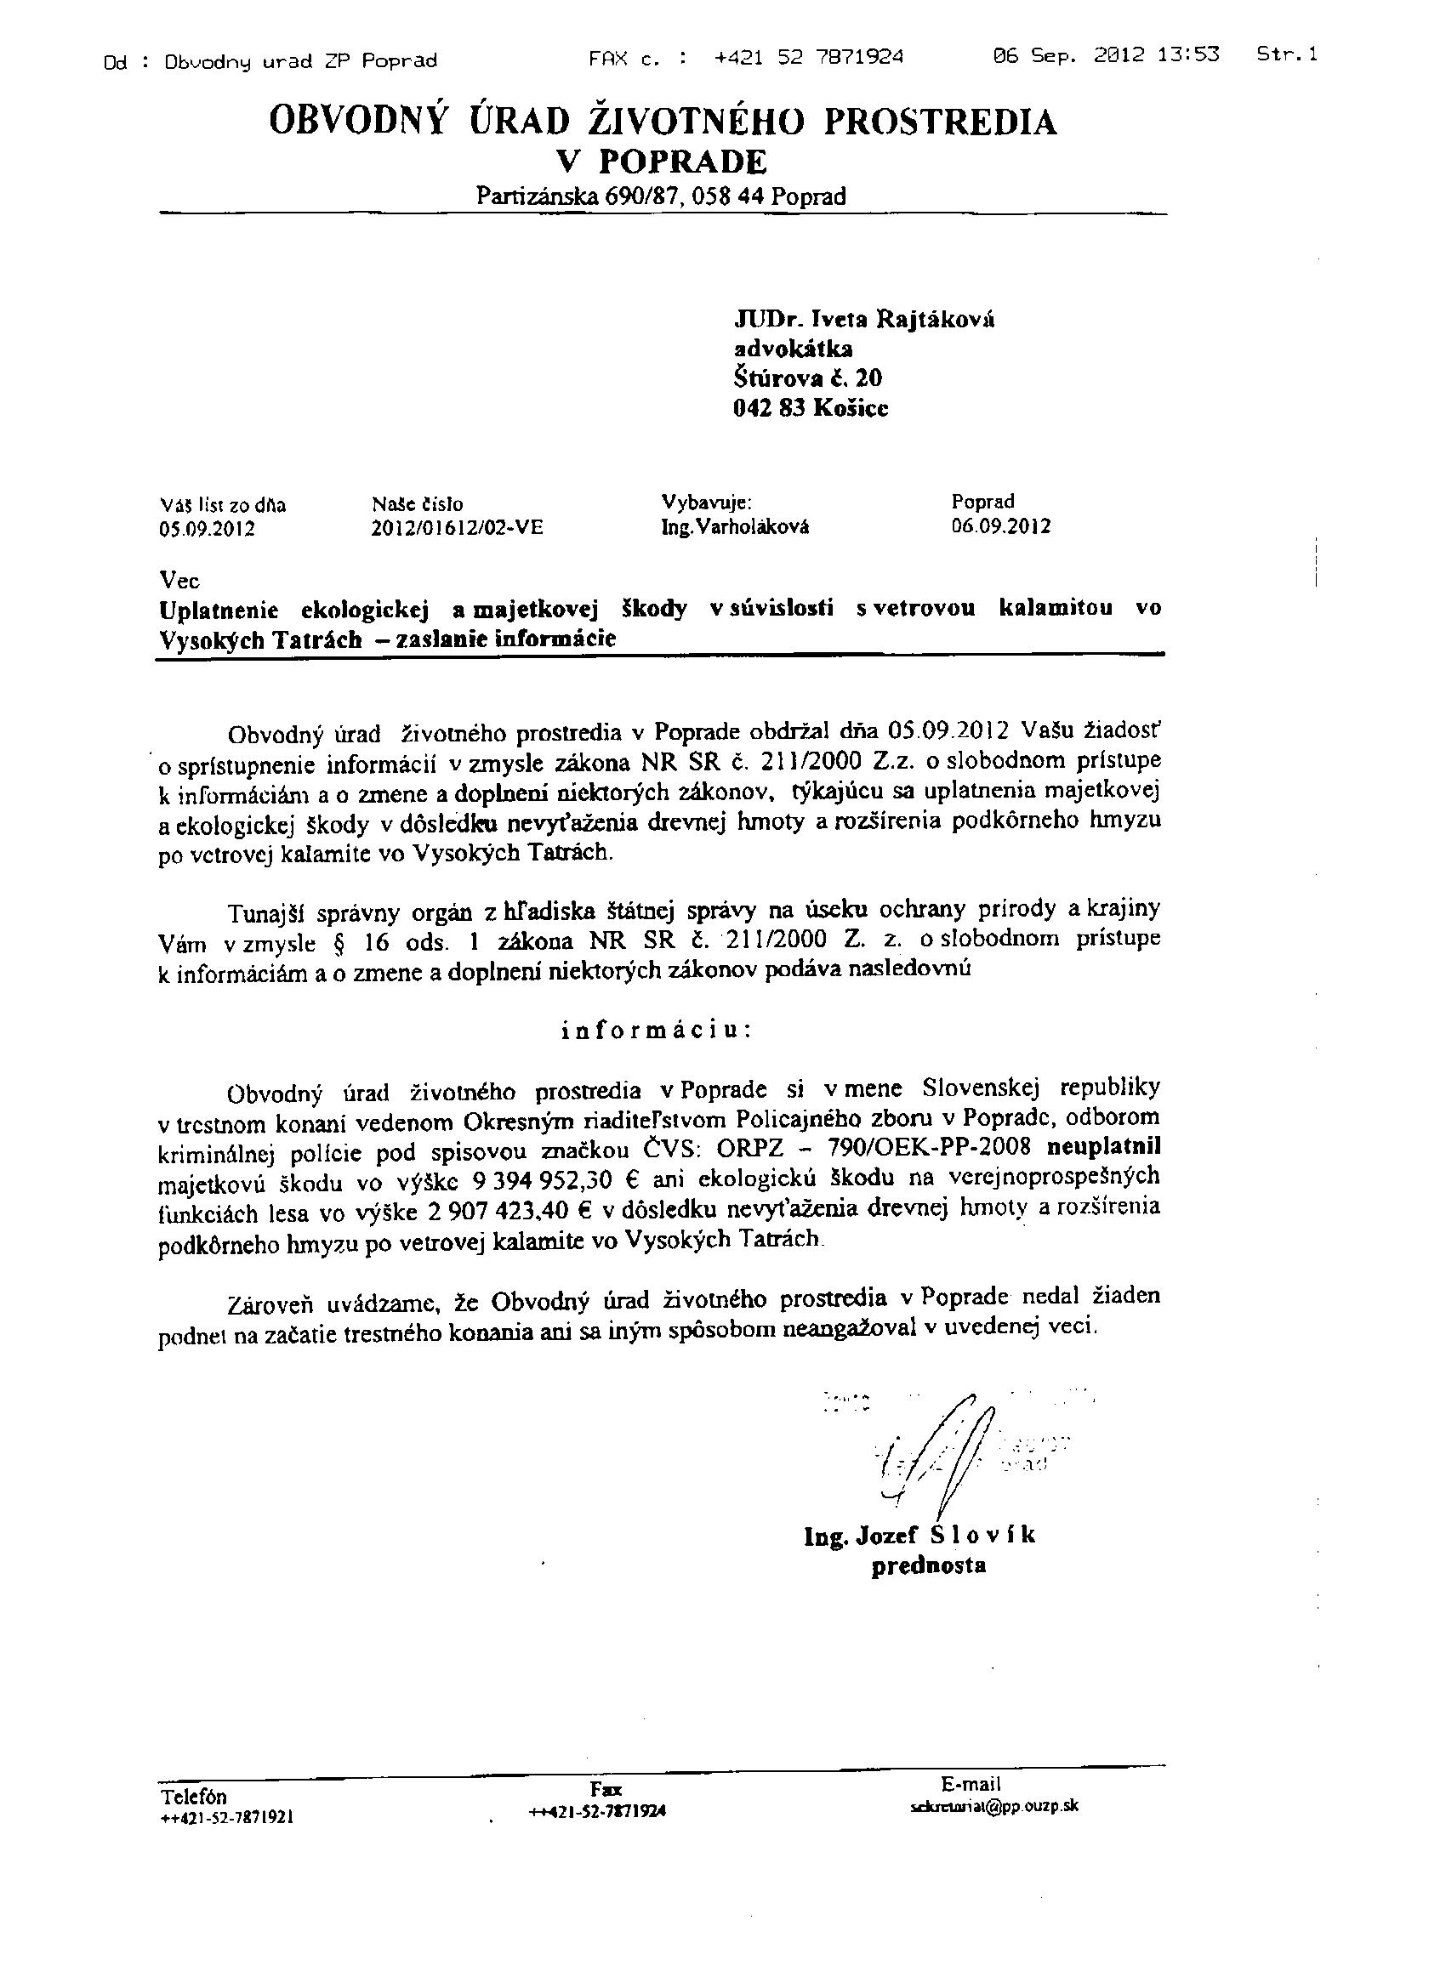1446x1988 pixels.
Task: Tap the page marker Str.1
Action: coord(1287,54)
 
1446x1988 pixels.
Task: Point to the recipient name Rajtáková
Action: coord(928,319)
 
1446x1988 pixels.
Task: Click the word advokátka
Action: coord(793,349)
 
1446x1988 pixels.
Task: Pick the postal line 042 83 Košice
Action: coord(811,408)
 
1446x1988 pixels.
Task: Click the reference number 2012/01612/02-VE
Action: coord(458,528)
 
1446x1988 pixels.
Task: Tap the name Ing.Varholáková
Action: coord(735,527)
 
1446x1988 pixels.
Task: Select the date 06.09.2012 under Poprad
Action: coord(1000,526)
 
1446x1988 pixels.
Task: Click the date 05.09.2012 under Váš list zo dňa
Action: coord(207,530)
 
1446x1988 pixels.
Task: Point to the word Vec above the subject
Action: coord(179,580)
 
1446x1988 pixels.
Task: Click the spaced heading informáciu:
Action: coord(656,1029)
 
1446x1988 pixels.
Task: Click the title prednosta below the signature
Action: coord(928,1565)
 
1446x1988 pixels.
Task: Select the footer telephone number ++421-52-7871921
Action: coord(227,1817)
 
